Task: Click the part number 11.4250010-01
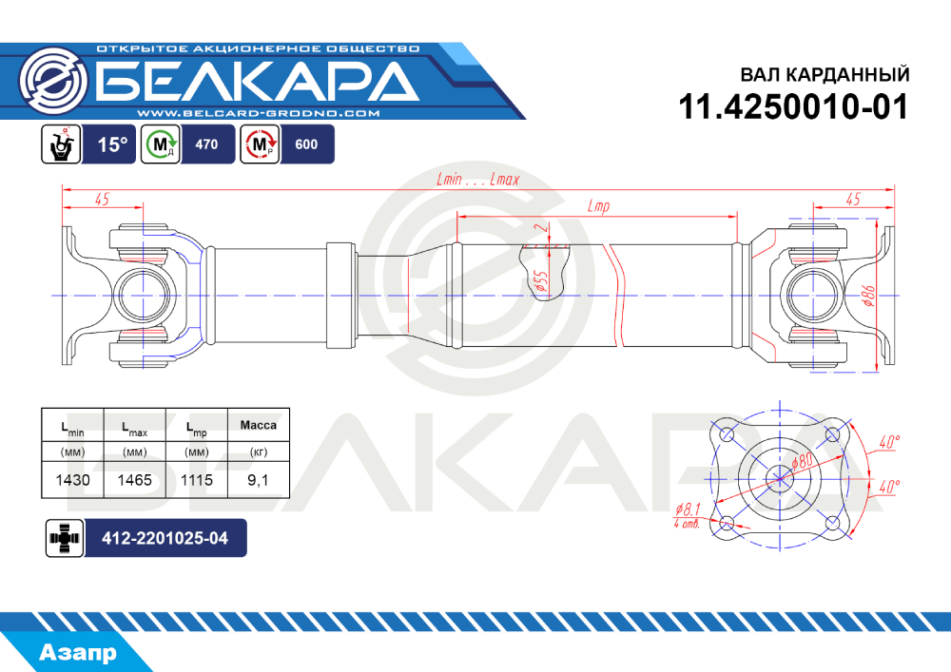coord(793,107)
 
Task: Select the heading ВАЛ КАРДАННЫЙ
coord(825,74)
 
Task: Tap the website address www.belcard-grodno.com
coord(259,113)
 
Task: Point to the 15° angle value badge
coord(113,144)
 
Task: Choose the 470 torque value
coord(206,144)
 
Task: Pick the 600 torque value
coord(306,144)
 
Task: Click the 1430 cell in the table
coord(73,480)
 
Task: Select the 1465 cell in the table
coord(135,480)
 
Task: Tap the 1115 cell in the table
coord(197,480)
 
